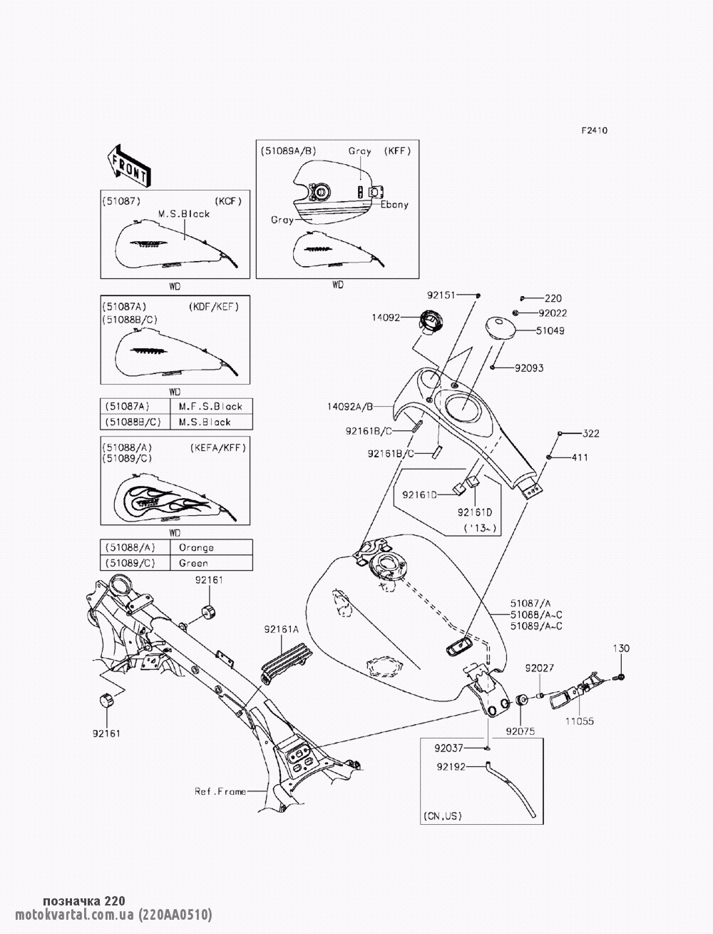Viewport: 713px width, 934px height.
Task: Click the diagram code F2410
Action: [594, 131]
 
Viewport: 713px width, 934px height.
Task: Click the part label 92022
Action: [553, 313]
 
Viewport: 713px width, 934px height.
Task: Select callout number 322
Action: [591, 433]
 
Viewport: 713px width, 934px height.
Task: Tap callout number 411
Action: [579, 457]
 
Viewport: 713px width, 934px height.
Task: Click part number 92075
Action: [520, 731]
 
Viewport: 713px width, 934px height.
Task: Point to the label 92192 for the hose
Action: [451, 767]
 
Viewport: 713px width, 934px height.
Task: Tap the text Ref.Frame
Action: [220, 791]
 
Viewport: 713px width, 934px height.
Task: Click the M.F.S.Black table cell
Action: [210, 406]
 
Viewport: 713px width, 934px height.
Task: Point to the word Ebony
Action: [394, 204]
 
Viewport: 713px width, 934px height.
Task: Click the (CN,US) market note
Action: [442, 815]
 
